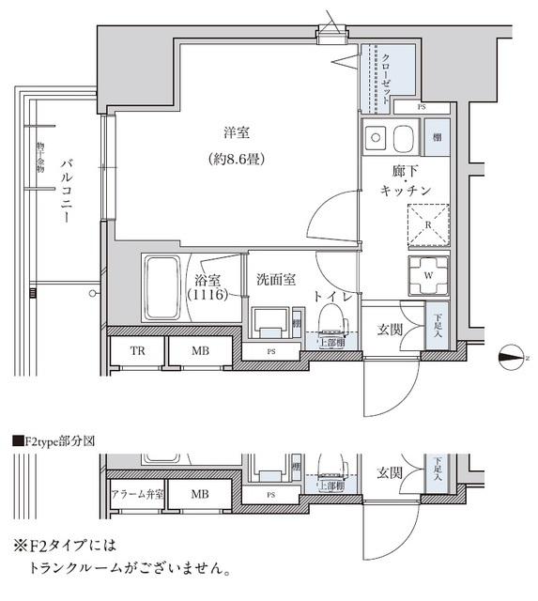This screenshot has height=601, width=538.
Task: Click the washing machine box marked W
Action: pos(427,275)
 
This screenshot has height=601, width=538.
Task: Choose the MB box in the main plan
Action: pos(199,352)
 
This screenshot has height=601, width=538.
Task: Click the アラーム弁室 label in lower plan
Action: pos(135,493)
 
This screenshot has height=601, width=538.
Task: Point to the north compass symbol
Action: pos(512,356)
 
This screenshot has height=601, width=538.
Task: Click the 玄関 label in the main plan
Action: pos(390,330)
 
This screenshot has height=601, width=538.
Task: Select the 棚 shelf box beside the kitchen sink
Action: pos(438,138)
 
